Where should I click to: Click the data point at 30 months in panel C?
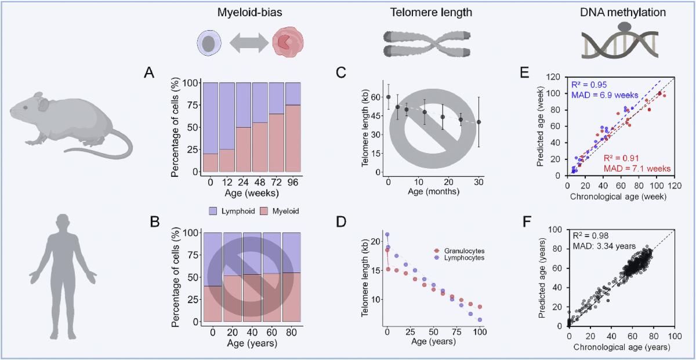click(479, 122)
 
